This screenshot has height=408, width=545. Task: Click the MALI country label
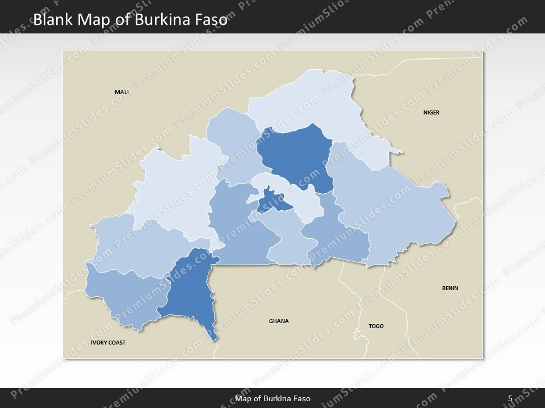pos(121,92)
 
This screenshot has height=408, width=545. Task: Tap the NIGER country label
pos(431,113)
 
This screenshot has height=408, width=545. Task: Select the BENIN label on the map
pos(450,288)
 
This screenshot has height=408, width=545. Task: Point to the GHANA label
pos(278,321)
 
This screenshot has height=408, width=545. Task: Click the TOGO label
pos(376,326)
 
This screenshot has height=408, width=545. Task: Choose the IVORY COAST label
pos(108,343)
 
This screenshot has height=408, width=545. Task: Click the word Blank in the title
pos(52,20)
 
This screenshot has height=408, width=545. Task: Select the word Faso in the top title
pos(210,20)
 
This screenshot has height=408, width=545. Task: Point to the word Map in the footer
pos(244,398)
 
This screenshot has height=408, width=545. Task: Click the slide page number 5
pos(510,398)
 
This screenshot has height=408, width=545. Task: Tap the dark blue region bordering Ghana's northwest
pos(190,289)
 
